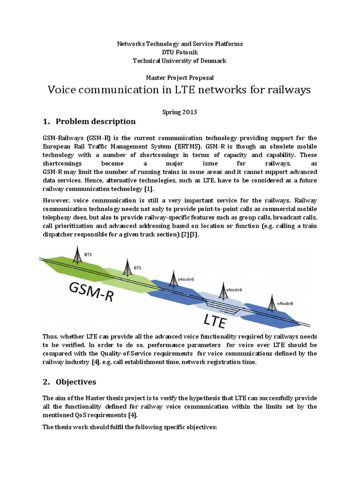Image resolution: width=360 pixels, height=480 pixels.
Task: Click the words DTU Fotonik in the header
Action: [x=180, y=52]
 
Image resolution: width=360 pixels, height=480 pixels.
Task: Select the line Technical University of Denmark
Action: [x=180, y=60]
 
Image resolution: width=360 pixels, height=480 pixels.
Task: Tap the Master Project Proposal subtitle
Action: [x=180, y=77]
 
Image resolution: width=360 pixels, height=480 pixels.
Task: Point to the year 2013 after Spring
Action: [x=189, y=112]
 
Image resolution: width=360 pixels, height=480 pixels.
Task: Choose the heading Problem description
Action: [x=96, y=121]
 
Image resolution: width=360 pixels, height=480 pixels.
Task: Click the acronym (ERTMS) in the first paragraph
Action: [x=176, y=146]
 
